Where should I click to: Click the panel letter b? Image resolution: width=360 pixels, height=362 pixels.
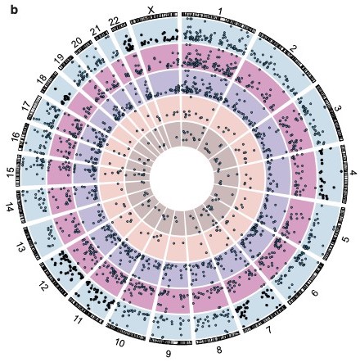14,11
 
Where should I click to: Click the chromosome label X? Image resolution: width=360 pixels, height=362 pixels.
151,11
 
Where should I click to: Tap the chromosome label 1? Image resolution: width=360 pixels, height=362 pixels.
221,11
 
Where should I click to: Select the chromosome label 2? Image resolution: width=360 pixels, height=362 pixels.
294,50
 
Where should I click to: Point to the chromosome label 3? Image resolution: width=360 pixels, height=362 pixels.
338,108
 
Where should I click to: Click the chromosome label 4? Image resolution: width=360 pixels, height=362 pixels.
353,174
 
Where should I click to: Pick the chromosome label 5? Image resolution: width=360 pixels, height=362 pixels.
345,240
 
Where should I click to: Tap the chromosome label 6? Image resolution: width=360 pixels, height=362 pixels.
314,293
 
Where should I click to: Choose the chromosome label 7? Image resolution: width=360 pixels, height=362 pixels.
269,330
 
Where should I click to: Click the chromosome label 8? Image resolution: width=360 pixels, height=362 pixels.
219,350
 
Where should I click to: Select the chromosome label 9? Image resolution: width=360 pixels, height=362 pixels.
169,354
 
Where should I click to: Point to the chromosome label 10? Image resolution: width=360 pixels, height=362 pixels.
119,342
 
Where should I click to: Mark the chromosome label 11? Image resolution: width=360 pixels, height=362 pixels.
78,320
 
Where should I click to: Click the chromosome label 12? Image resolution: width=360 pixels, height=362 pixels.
43,287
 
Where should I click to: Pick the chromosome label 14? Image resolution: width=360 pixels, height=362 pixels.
9,209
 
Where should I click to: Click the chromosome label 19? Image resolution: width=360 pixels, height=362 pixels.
60,59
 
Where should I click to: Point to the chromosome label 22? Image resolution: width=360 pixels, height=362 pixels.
114,22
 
